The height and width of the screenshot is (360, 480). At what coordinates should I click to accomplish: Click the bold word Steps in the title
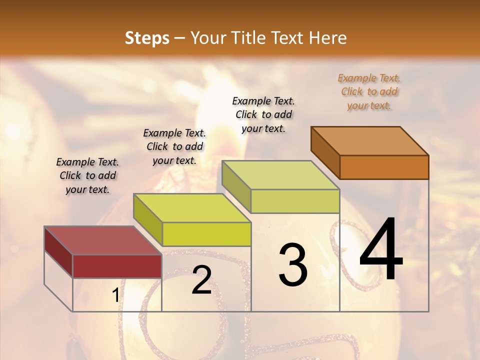[x=147, y=38]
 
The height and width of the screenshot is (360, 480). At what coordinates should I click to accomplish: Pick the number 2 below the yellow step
[x=201, y=280]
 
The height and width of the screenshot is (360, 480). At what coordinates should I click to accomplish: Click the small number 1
[x=115, y=295]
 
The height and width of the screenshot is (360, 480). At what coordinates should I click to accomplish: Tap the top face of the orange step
[x=370, y=141]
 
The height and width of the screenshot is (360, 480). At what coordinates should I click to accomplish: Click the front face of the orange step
[x=384, y=167]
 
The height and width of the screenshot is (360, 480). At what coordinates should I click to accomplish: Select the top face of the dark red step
[x=103, y=240]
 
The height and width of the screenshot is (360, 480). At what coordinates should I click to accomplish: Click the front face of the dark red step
[x=117, y=266]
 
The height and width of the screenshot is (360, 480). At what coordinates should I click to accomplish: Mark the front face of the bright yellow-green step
[x=206, y=234]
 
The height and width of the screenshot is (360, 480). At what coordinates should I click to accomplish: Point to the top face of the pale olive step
[x=281, y=175]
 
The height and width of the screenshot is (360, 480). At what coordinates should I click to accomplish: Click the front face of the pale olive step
[x=295, y=201]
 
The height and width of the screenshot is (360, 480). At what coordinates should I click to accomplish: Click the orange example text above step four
[x=369, y=91]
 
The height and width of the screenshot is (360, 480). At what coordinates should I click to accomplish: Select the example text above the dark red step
[x=87, y=175]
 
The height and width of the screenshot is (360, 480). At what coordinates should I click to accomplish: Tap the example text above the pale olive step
[x=263, y=114]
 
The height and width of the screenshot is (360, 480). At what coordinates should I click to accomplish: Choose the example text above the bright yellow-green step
[x=174, y=146]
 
